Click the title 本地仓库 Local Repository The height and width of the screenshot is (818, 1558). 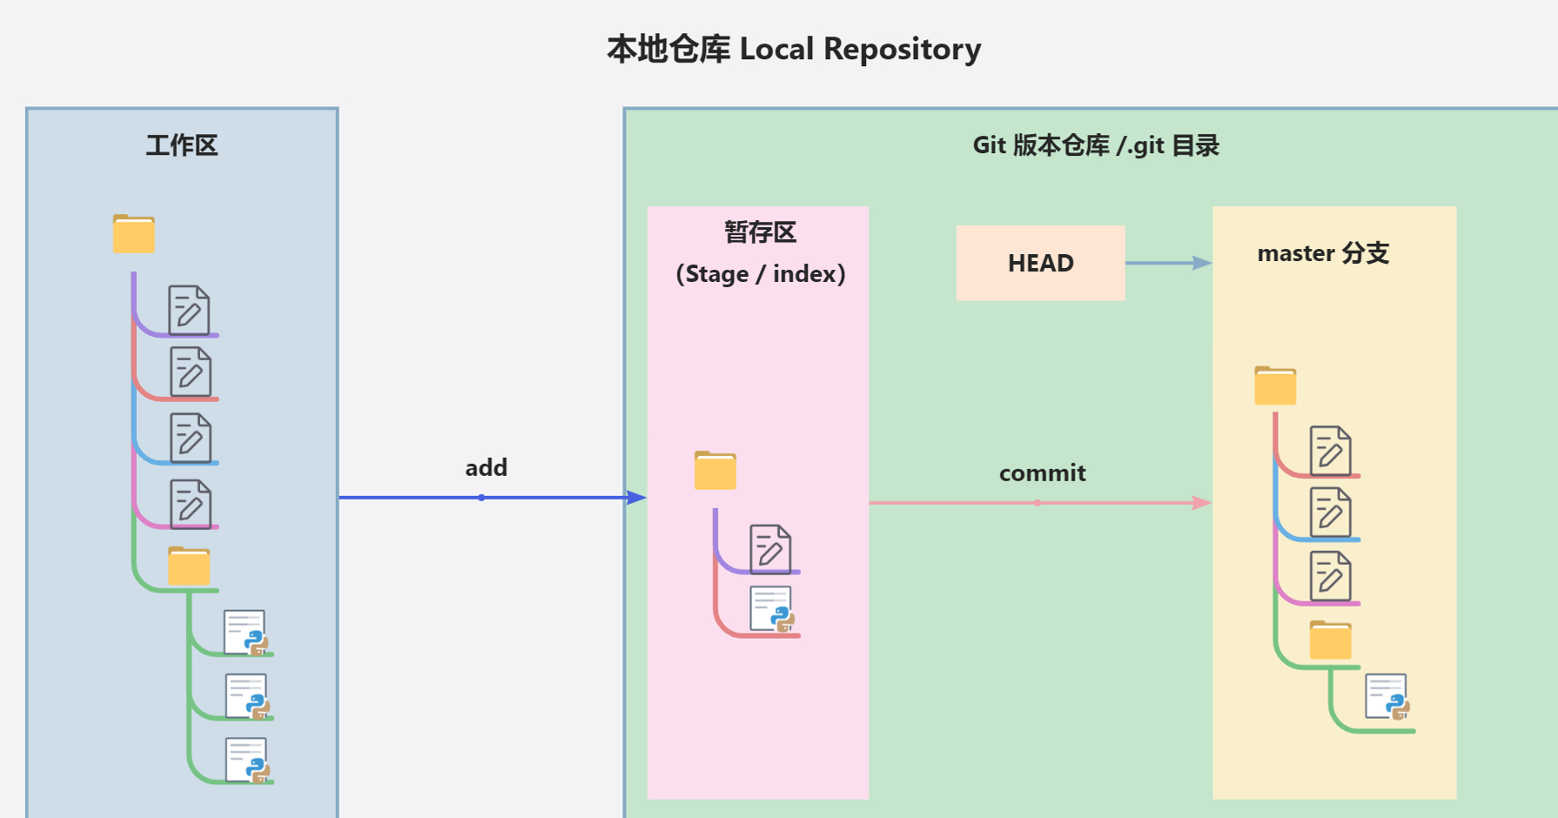794,50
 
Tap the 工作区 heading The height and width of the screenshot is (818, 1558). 182,145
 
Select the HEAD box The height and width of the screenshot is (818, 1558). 1040,263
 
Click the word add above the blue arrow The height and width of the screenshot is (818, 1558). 486,468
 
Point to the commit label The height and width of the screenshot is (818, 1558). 1042,473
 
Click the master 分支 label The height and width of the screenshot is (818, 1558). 1323,253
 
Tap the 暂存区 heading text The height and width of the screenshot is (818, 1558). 760,232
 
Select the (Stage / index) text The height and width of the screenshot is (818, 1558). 760,274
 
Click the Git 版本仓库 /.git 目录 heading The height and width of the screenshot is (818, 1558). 1096,145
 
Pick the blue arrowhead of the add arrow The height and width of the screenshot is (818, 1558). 636,498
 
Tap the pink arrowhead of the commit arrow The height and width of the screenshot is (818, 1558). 1202,503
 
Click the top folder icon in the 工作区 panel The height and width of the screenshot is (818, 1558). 133,233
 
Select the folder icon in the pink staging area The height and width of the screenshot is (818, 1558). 715,470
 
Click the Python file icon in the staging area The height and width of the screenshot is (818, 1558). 772,608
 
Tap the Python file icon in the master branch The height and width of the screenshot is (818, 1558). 1387,697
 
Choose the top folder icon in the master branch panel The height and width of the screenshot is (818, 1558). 1275,386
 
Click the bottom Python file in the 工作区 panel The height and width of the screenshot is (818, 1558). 248,760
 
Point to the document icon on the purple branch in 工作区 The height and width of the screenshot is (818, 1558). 189,310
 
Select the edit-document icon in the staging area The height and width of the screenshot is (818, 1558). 770,548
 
